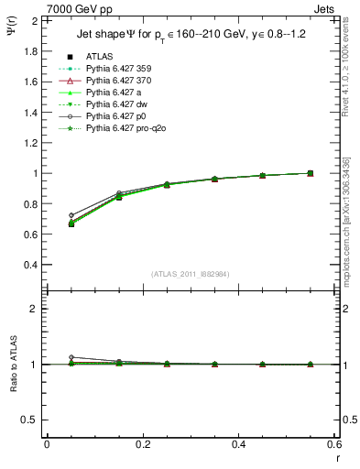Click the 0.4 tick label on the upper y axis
[32, 265]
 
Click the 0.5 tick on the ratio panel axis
[32, 420]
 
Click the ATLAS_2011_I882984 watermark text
[191, 274]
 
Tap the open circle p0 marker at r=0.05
[71, 215]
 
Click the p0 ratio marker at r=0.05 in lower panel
[71, 357]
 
